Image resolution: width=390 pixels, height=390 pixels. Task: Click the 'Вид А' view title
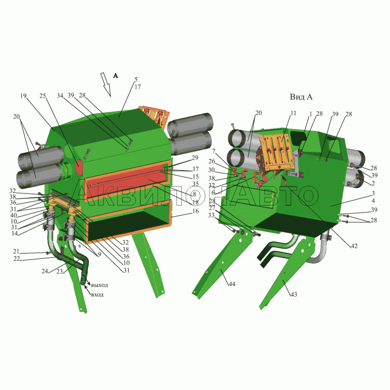[x=301, y=97]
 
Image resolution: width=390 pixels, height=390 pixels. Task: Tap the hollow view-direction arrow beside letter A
[x=106, y=84]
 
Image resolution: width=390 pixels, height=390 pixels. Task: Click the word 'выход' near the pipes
[x=99, y=285]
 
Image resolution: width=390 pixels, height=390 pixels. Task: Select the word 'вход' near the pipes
[x=97, y=295]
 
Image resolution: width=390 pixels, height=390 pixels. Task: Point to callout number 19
[x=23, y=96]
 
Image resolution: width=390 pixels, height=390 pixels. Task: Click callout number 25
[x=42, y=96]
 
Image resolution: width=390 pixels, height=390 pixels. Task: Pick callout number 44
[x=232, y=284]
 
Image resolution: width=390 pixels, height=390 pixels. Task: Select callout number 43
[x=294, y=294]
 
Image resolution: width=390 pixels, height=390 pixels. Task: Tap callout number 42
[x=354, y=246]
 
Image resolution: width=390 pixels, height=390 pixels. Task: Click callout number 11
[x=293, y=114]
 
